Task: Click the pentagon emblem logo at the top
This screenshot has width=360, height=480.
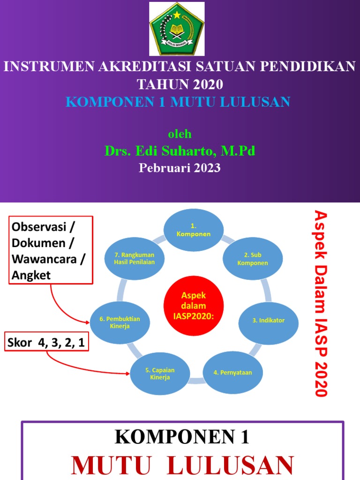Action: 177,29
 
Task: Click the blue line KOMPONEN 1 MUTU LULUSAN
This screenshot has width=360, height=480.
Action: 178,102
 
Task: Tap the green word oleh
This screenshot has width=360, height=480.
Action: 180,134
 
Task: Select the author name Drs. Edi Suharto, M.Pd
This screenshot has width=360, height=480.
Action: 180,151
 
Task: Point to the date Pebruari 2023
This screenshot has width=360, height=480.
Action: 180,168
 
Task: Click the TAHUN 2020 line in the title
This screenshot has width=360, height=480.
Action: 180,84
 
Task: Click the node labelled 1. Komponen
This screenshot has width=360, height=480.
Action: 193,230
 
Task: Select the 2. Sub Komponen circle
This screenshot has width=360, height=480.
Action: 253,259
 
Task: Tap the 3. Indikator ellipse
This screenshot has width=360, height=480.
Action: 269,321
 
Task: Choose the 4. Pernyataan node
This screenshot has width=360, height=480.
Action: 233,373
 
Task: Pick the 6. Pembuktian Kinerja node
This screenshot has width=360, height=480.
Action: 120,322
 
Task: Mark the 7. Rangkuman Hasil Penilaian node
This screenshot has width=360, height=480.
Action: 134,258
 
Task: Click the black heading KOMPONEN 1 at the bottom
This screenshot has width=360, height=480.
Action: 182,437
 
